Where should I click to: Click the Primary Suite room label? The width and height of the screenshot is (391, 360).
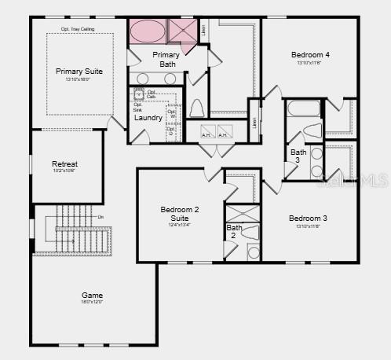tap(79, 72)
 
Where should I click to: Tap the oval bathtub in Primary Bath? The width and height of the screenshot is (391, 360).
tap(147, 32)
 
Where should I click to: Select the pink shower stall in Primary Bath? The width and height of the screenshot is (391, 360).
tap(183, 32)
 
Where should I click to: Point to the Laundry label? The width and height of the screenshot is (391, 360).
tap(148, 118)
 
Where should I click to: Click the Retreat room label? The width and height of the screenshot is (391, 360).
tap(65, 163)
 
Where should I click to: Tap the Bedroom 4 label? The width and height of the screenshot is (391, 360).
tap(311, 55)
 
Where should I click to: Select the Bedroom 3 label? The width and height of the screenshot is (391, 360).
tap(308, 218)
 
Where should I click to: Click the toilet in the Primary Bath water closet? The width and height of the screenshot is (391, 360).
tap(197, 108)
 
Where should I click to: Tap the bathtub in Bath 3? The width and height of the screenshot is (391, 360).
tap(304, 108)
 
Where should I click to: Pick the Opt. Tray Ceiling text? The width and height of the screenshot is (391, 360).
tap(77, 29)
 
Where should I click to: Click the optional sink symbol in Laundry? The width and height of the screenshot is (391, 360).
tap(139, 95)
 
